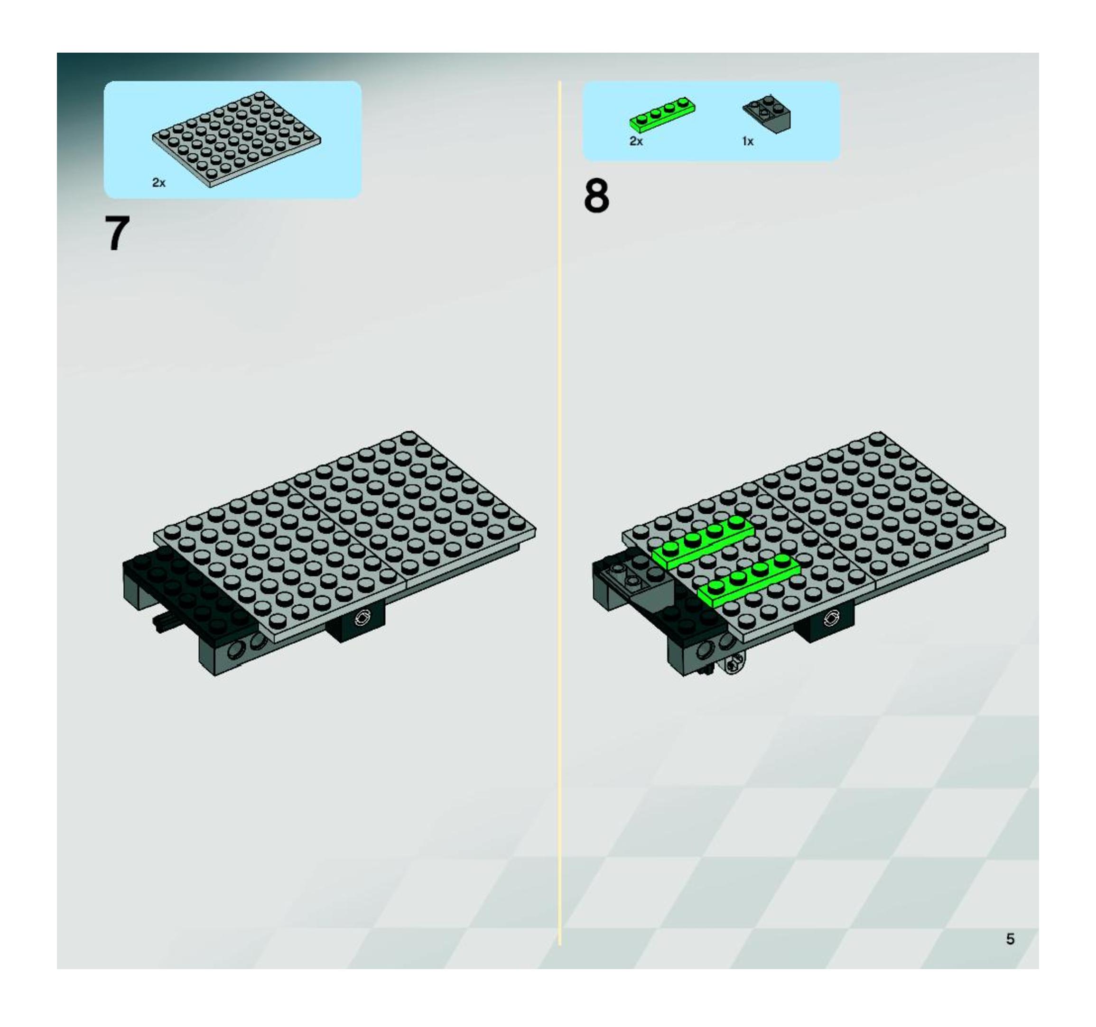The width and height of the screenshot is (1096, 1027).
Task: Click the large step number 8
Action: (596, 196)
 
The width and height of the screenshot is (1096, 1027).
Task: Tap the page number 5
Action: (1010, 939)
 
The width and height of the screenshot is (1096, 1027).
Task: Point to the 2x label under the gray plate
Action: (159, 183)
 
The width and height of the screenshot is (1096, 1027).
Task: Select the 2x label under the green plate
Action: (636, 141)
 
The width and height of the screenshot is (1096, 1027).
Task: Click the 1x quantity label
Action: (748, 141)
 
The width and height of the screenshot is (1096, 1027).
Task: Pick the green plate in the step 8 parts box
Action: (663, 113)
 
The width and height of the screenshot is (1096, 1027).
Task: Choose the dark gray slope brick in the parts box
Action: (767, 113)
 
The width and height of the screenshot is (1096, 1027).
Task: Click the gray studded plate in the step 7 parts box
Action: (236, 139)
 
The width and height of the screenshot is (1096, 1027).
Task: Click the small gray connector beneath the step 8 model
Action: (733, 664)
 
